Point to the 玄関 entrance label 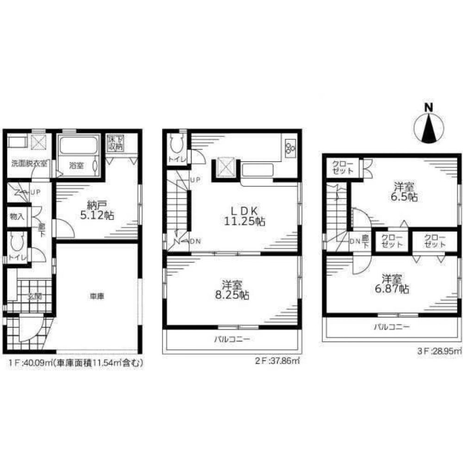tap(31, 297)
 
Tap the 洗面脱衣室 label tap(29, 163)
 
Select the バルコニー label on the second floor tap(231, 339)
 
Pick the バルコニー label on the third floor tap(392, 327)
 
